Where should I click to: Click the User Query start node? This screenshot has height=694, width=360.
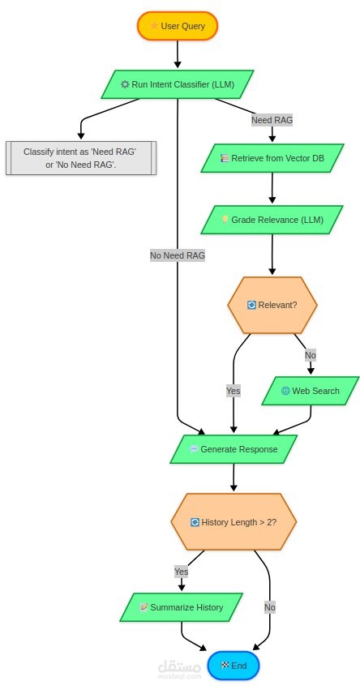pyautogui.click(x=177, y=26)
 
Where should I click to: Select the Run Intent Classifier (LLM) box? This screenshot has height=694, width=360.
pyautogui.click(x=177, y=84)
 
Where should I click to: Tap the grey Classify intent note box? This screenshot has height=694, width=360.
pyautogui.click(x=81, y=158)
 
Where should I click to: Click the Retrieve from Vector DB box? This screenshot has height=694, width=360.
pyautogui.click(x=272, y=158)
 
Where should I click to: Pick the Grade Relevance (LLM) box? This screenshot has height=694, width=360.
pyautogui.click(x=272, y=220)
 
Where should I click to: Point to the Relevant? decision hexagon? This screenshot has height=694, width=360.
pyautogui.click(x=272, y=305)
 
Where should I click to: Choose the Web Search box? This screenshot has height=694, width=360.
pyautogui.click(x=311, y=391)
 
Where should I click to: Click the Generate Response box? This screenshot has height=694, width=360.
pyautogui.click(x=234, y=449)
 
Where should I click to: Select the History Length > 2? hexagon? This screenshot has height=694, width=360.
pyautogui.click(x=234, y=522)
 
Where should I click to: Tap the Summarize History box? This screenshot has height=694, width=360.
pyautogui.click(x=181, y=607)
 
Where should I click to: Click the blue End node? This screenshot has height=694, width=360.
pyautogui.click(x=234, y=666)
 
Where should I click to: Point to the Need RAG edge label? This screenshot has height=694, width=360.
pyautogui.click(x=272, y=120)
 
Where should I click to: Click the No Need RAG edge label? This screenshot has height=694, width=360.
pyautogui.click(x=178, y=255)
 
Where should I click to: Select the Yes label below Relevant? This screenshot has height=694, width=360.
pyautogui.click(x=234, y=391)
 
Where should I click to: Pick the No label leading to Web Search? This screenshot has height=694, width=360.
pyautogui.click(x=311, y=355)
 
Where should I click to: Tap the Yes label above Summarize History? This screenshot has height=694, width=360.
pyautogui.click(x=181, y=572)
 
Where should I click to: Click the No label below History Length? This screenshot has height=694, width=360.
pyautogui.click(x=270, y=607)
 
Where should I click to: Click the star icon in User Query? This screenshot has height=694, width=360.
pyautogui.click(x=154, y=26)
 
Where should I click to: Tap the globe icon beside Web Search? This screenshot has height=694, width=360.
pyautogui.click(x=285, y=391)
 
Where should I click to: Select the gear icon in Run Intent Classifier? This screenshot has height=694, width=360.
pyautogui.click(x=126, y=84)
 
